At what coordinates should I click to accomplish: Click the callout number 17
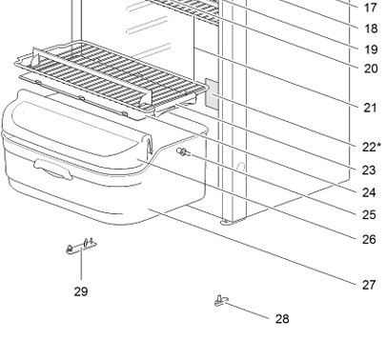click(370, 8)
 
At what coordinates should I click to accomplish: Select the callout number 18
click(370, 29)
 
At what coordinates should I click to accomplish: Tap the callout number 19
click(370, 50)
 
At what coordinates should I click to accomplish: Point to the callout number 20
click(371, 69)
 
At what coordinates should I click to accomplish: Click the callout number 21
click(370, 108)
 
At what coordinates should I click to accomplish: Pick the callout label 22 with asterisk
click(372, 147)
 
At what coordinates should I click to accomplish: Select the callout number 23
click(369, 170)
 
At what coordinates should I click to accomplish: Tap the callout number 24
click(369, 192)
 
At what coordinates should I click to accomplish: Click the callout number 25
click(369, 215)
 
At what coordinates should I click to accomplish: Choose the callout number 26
click(369, 239)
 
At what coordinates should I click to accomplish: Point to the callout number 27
click(369, 285)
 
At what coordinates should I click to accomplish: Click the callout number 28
click(282, 319)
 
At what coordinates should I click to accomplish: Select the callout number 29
click(81, 291)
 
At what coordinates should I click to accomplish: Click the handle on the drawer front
click(53, 170)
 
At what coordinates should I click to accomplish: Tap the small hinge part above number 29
click(81, 247)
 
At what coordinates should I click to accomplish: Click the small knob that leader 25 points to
click(183, 152)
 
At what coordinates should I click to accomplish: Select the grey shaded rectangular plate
click(212, 94)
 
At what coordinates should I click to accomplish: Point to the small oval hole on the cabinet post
click(241, 167)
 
